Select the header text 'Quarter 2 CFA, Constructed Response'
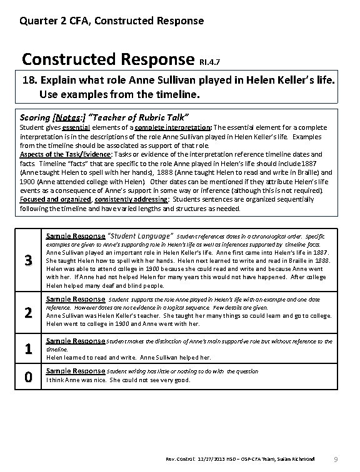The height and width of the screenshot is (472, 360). [x=111, y=21]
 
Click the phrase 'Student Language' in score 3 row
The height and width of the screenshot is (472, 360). [x=141, y=236]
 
